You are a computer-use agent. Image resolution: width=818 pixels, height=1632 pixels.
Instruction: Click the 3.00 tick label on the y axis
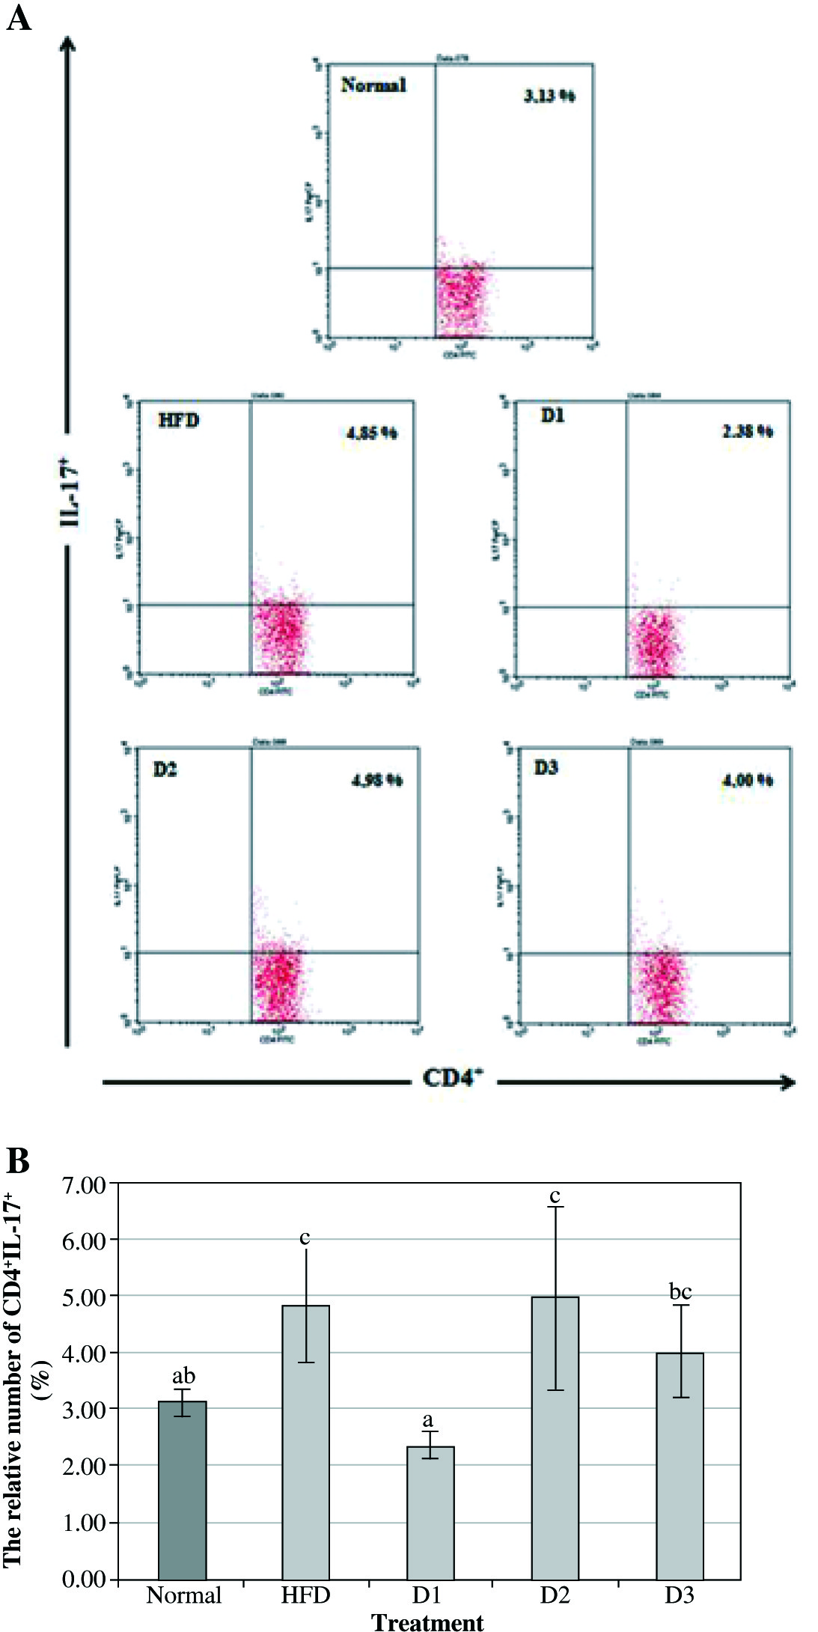click(85, 1410)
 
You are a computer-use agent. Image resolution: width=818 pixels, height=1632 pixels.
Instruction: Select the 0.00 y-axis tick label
click(85, 1579)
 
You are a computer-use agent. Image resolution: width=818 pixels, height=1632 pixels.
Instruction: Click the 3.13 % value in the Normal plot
click(549, 96)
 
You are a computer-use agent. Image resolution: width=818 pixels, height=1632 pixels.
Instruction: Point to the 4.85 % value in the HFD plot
click(372, 433)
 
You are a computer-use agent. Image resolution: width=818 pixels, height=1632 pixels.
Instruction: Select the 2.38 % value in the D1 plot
click(747, 431)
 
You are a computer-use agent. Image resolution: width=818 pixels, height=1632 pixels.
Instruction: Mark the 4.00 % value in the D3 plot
click(747, 780)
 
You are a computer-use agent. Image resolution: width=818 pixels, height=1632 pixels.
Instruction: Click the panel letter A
click(19, 17)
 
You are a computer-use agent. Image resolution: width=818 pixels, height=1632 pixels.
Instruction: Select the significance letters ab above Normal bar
click(183, 1376)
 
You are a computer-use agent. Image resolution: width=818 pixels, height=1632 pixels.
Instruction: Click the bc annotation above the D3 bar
click(680, 1291)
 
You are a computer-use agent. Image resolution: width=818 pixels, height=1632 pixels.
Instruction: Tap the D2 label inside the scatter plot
click(165, 770)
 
